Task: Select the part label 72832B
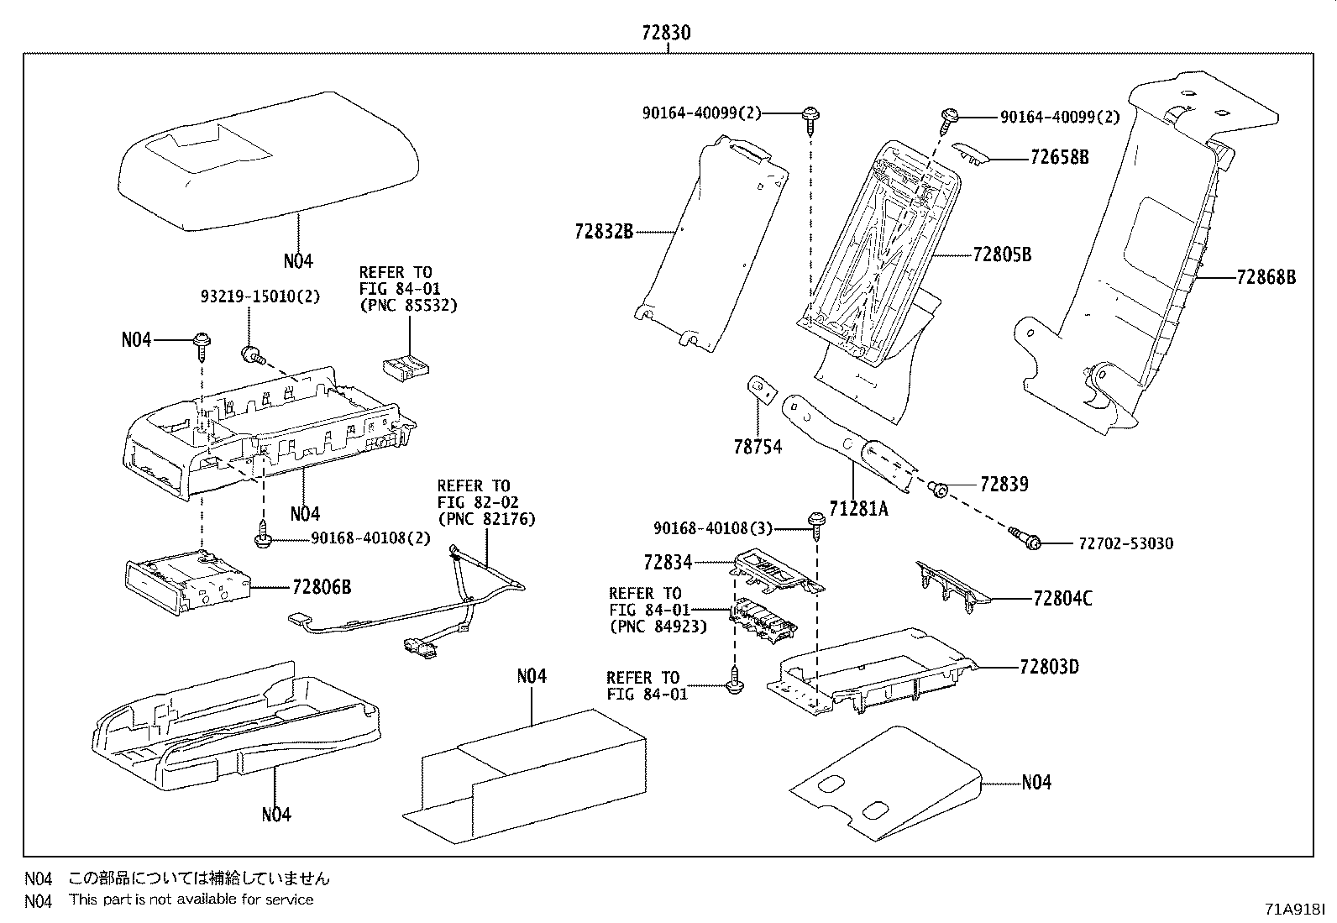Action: point(604,231)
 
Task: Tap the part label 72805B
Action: point(1002,254)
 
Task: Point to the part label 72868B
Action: point(1266,276)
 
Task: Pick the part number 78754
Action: point(758,447)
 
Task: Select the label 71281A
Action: point(858,508)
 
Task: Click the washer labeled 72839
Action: point(941,488)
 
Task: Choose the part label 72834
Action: point(668,562)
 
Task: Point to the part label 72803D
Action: point(1049,667)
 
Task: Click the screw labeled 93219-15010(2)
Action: point(250,355)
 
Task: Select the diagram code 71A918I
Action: point(1295,910)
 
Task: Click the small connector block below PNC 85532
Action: point(404,365)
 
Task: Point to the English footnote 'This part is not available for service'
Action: point(191,899)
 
